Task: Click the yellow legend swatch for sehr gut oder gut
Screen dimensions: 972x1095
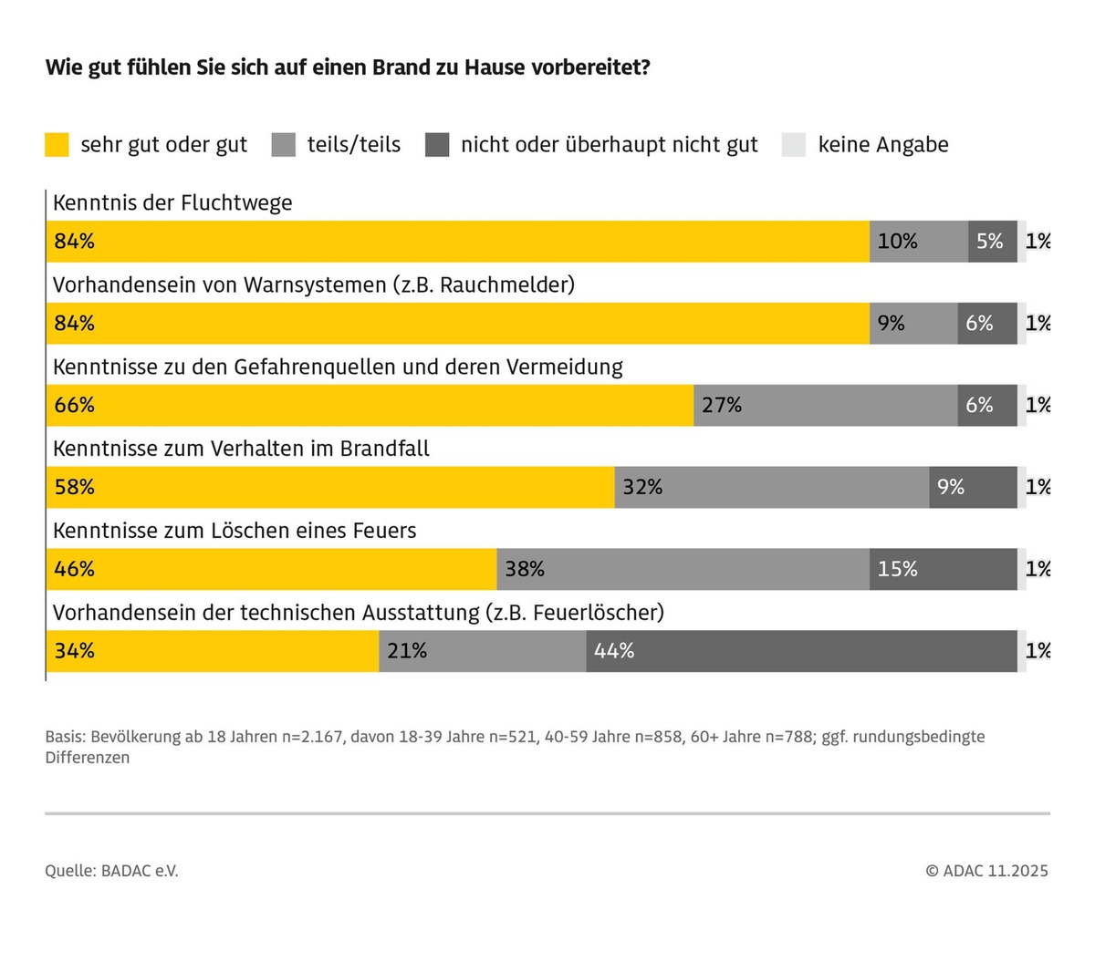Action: (57, 145)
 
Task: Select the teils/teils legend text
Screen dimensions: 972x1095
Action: (354, 145)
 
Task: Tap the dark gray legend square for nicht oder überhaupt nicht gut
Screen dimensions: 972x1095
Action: (437, 145)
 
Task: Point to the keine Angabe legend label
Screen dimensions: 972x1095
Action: (882, 145)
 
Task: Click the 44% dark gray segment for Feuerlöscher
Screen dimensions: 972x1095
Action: (801, 651)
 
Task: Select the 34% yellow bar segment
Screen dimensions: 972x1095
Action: (212, 651)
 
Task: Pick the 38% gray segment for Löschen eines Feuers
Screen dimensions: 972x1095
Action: (683, 569)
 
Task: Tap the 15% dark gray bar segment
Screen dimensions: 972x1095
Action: (943, 569)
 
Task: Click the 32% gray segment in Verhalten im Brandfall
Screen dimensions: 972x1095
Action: (772, 487)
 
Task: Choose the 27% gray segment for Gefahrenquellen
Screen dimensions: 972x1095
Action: (825, 405)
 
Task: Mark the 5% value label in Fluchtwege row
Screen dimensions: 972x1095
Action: (989, 242)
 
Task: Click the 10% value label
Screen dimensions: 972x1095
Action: (897, 242)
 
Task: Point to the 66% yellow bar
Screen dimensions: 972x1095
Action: (370, 405)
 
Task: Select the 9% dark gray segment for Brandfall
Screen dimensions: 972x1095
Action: (973, 487)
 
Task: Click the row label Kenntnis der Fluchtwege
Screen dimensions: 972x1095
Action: (172, 202)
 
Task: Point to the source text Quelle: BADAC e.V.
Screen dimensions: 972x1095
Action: (111, 871)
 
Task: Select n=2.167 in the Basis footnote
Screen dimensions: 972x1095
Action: (312, 737)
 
